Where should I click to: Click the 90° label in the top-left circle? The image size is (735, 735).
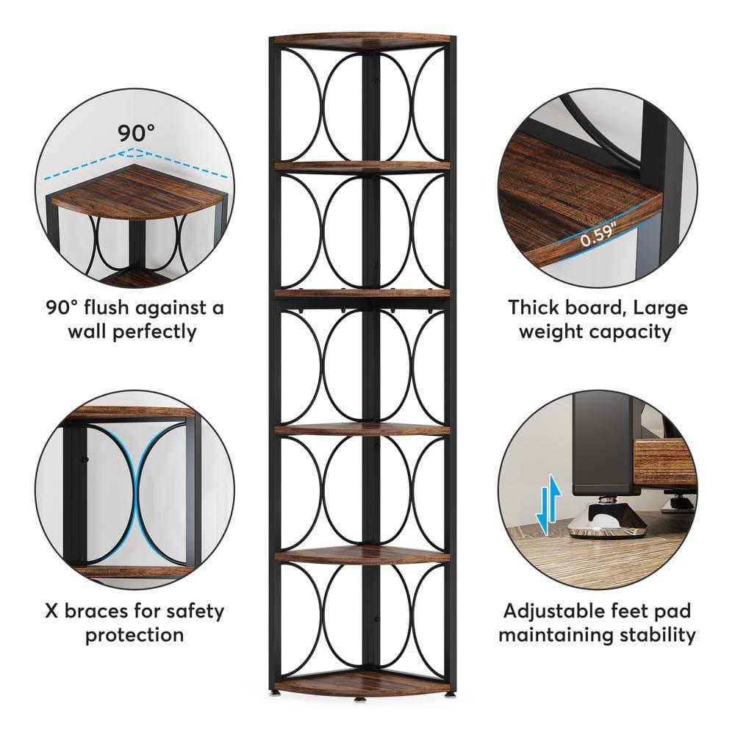pyautogui.click(x=137, y=133)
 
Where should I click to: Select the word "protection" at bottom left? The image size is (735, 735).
pyautogui.click(x=135, y=634)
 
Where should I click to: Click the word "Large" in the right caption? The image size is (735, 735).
pyautogui.click(x=651, y=307)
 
